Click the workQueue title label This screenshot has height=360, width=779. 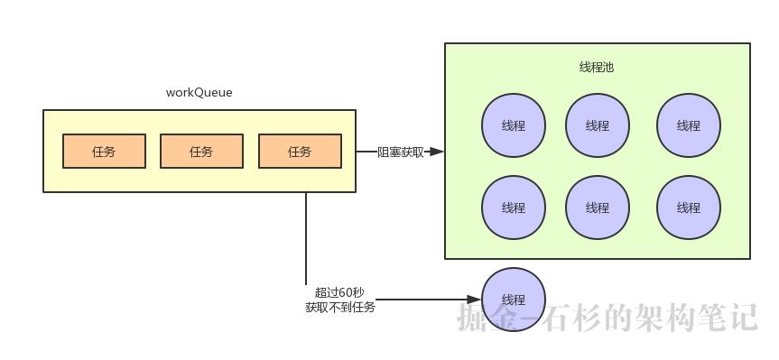(x=199, y=93)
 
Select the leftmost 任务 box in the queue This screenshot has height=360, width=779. (x=104, y=152)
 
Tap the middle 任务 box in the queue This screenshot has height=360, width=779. (x=201, y=152)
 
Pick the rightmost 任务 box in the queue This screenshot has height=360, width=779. (x=300, y=152)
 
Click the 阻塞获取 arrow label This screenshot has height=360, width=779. (x=401, y=152)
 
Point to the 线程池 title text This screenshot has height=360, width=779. (x=597, y=68)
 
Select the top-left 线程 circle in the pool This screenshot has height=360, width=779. (x=514, y=125)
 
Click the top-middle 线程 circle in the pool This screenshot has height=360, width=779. (x=598, y=125)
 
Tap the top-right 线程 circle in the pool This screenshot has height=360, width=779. (x=689, y=125)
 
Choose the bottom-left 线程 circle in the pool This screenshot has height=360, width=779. (x=514, y=208)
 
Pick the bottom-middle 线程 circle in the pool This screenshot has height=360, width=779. (x=598, y=208)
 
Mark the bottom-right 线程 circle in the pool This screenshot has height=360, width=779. (x=689, y=208)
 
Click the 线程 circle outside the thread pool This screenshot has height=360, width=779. (x=514, y=300)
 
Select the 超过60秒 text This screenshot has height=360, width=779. (x=339, y=292)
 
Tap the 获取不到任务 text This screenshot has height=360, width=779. (x=339, y=308)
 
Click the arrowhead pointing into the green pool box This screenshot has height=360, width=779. (x=437, y=152)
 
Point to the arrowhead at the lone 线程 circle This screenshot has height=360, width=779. (x=474, y=300)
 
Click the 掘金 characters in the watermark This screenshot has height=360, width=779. (x=487, y=317)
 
